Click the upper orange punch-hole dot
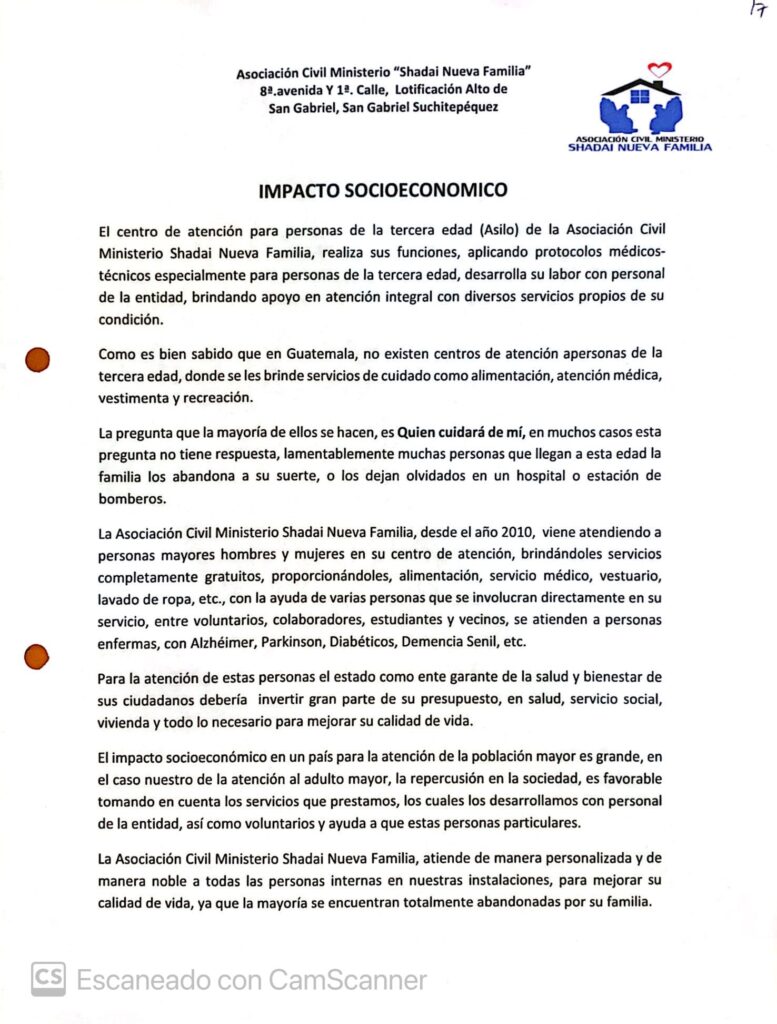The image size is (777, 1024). [37, 360]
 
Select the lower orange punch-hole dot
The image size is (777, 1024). [36, 656]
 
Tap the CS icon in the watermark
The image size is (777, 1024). [48, 978]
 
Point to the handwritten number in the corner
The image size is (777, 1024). [756, 10]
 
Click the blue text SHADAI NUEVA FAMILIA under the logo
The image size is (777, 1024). [640, 147]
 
